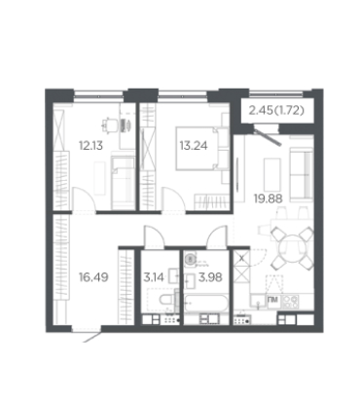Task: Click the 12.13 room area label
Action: coord(90,146)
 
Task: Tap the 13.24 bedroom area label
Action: coord(194,146)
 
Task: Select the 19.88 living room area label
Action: coord(268,199)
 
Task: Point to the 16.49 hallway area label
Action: coord(93,277)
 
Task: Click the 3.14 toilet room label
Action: coord(154,277)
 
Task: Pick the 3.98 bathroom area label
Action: coord(210,277)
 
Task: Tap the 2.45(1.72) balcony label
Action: coord(276,111)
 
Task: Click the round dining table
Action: coord(292,248)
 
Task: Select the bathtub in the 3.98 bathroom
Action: coord(206,304)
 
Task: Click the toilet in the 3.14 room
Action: coord(166,299)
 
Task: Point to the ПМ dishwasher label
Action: coord(273,301)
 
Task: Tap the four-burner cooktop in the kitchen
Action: coord(290,302)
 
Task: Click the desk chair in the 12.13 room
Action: coord(109,125)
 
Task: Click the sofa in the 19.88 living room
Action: coord(302,174)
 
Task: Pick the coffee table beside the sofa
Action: coord(272,174)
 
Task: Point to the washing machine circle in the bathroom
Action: coord(191,259)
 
